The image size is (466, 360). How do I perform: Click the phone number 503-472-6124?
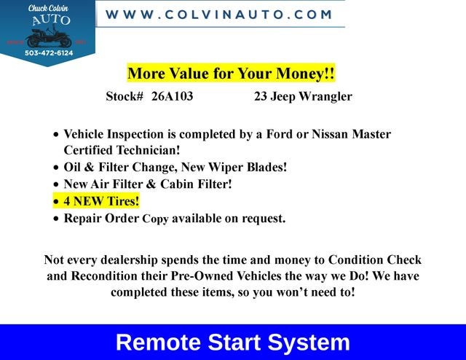49,53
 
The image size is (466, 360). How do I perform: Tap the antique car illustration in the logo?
49,36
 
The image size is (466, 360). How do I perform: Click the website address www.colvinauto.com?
218,15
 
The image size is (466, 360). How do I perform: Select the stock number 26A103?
172,96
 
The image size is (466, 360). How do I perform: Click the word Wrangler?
325,97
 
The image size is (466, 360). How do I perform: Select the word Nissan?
330,134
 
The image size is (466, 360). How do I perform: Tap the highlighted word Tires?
122,201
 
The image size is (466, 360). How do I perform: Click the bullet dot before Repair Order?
56,219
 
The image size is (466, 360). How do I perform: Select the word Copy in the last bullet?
155,219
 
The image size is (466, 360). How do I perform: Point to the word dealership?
129,260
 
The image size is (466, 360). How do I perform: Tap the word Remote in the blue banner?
158,343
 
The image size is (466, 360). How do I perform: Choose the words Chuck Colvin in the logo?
49,8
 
